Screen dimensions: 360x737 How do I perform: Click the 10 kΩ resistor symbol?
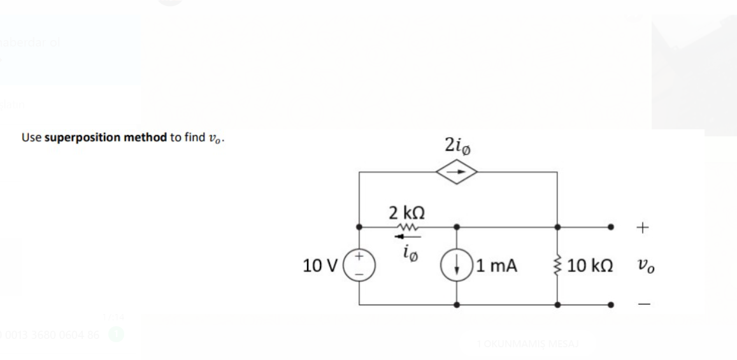pos(558,265)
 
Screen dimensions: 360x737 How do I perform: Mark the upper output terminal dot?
pos(612,226)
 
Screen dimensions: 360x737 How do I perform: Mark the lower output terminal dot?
pos(612,305)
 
